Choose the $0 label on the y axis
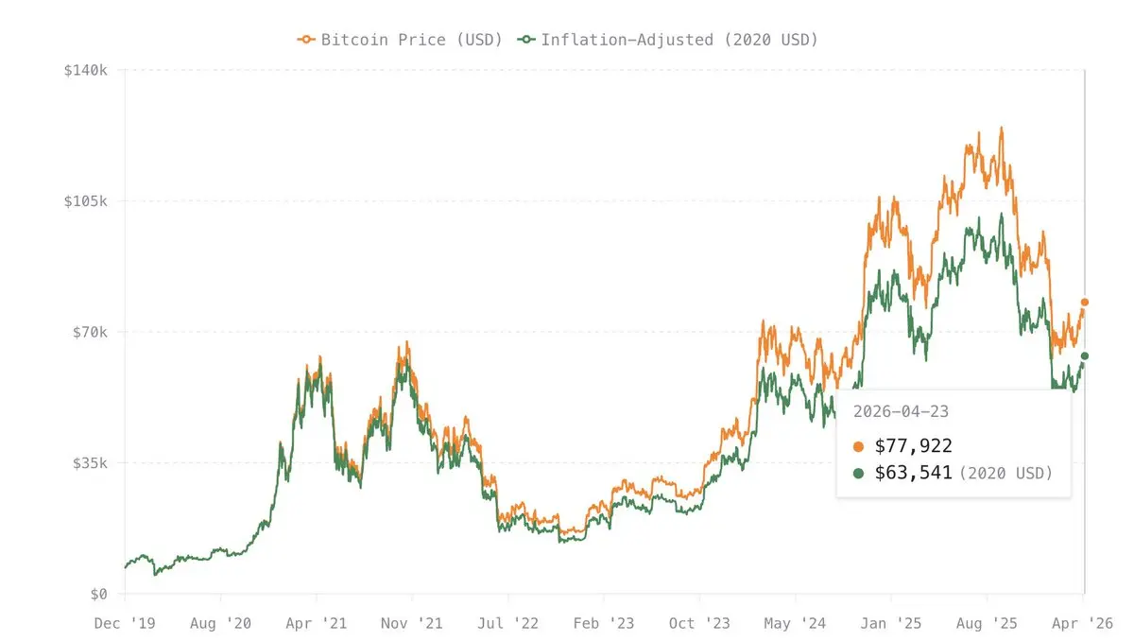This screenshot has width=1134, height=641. click(100, 594)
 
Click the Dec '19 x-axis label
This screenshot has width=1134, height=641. click(125, 623)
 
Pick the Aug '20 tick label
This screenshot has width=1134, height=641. click(220, 623)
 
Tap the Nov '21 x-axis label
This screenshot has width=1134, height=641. click(412, 623)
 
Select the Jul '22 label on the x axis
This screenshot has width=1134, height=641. click(508, 623)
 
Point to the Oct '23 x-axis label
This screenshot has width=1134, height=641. click(699, 623)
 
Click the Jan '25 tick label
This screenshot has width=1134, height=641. click(890, 623)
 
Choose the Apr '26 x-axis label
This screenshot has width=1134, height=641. click(1083, 623)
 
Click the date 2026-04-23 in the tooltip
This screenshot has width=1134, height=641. click(901, 411)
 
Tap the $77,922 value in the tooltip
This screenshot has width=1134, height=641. click(915, 446)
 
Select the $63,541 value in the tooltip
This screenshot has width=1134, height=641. click(915, 473)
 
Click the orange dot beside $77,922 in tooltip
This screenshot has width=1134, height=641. click(858, 446)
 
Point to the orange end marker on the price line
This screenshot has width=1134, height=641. click(1085, 303)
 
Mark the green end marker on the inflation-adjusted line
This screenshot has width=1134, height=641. click(1085, 356)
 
